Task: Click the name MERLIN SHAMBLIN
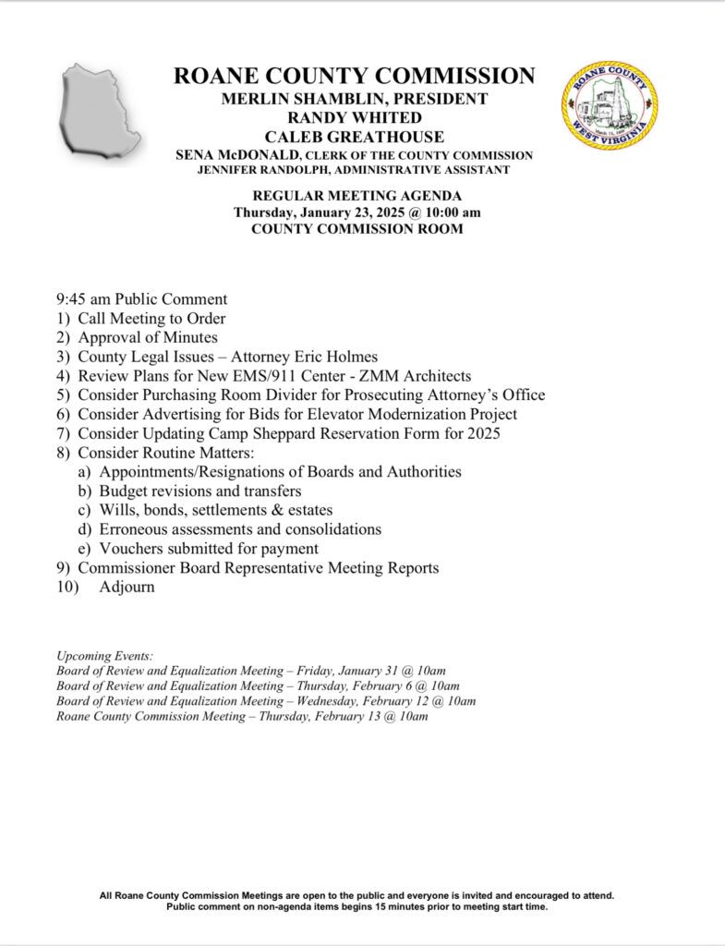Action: point(307,98)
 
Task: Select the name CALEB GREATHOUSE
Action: point(356,137)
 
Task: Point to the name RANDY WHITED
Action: point(356,117)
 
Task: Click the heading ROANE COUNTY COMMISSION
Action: point(355,76)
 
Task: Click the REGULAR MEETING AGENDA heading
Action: point(356,196)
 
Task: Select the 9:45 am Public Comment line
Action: point(141,299)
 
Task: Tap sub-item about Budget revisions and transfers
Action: point(201,491)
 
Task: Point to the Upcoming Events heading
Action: point(104,655)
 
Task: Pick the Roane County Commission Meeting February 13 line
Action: point(242,717)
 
